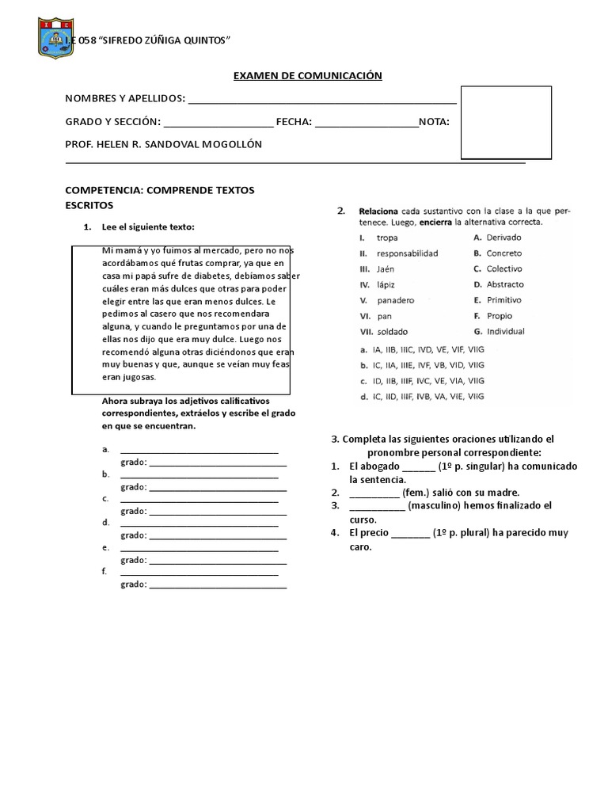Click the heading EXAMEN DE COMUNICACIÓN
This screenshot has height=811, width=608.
(x=307, y=75)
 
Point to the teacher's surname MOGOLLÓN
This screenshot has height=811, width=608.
(x=230, y=145)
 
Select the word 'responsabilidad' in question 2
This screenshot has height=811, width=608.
(x=407, y=253)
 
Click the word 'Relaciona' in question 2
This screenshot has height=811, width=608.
(x=378, y=211)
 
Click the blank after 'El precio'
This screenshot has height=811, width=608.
(x=410, y=534)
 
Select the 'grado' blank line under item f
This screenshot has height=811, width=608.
(x=218, y=586)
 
